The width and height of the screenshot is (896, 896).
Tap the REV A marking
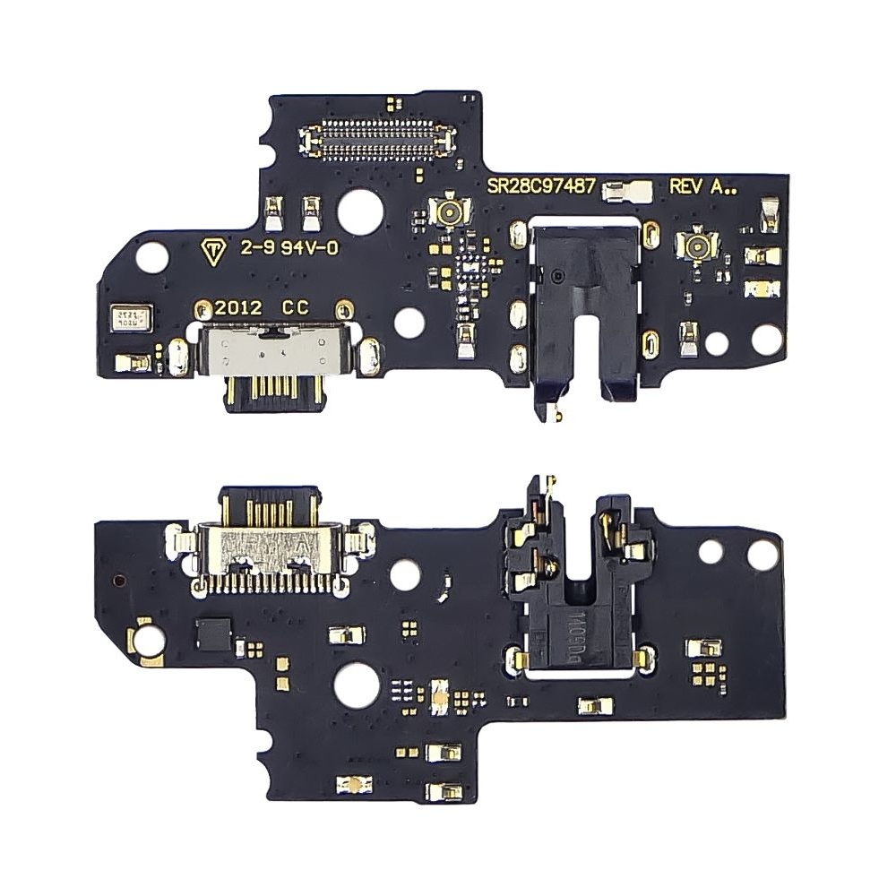698,188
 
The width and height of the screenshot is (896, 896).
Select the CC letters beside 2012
296,306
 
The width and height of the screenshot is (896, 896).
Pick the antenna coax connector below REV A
694,243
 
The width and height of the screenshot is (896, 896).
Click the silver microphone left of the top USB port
132,317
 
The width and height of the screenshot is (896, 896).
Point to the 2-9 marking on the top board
254,250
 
